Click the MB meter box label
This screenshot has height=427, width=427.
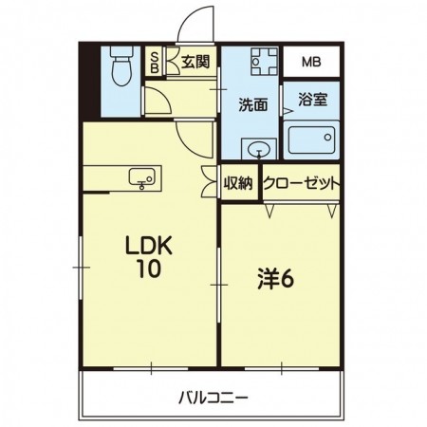[311, 64]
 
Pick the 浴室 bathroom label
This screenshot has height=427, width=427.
[313, 97]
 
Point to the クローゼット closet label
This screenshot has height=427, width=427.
[302, 183]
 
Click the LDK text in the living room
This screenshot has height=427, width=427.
[148, 245]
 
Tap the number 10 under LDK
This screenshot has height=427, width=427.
[148, 269]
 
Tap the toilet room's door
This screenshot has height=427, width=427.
[154, 99]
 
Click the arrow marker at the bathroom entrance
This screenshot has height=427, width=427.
[286, 112]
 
